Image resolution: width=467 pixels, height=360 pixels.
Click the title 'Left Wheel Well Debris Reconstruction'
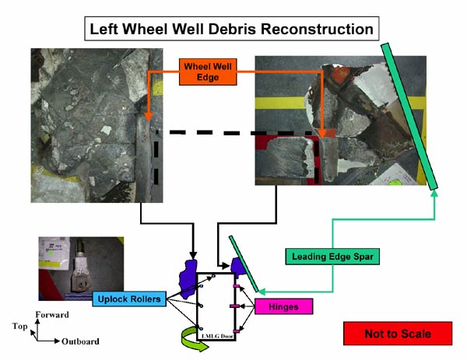[x=233, y=30]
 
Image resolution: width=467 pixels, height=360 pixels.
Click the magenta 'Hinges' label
[x=283, y=306]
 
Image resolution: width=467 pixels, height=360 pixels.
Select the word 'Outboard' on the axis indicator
[x=80, y=341]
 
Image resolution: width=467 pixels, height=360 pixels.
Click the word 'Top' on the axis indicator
[x=20, y=330]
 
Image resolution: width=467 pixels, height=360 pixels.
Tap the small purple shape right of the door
[x=238, y=268]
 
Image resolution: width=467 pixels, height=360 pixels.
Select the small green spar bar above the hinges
[x=243, y=259]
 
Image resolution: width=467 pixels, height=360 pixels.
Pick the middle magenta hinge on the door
[x=235, y=306]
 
